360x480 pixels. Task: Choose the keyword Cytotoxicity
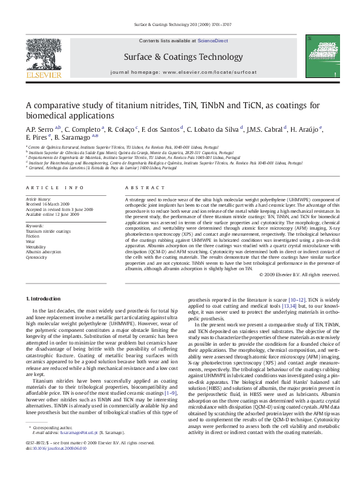pyautogui.click(x=36, y=256)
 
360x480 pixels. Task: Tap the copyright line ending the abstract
pyautogui.click(x=299, y=273)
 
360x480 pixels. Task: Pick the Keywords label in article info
pyautogui.click(x=34, y=225)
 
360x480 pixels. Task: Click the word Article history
pyautogui.click(x=38, y=198)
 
